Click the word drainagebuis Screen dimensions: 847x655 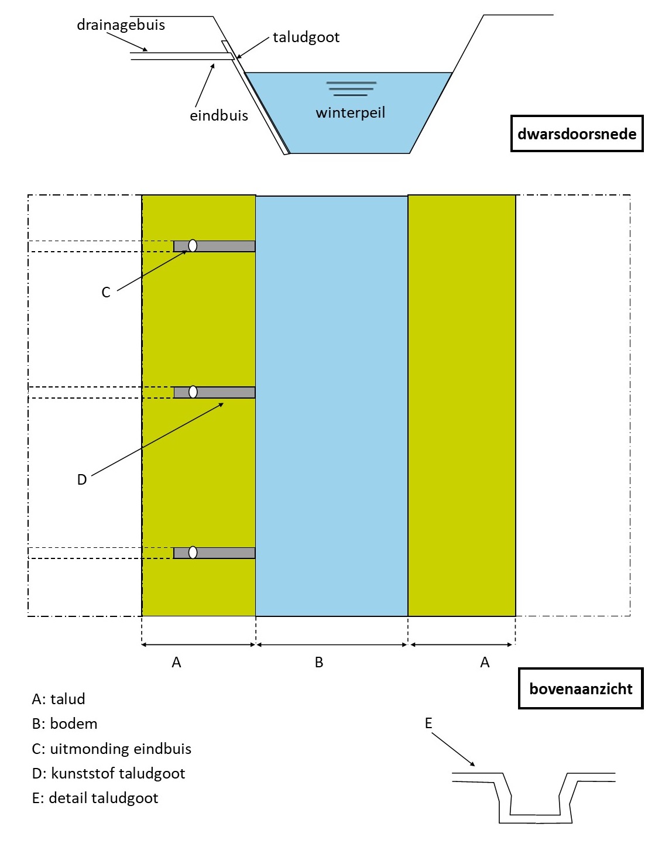[121, 25]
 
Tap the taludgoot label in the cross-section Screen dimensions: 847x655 [306, 37]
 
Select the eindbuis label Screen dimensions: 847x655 [218, 116]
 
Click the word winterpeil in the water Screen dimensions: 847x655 [350, 112]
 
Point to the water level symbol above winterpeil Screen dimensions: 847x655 [351, 88]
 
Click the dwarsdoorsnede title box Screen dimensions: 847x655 [577, 134]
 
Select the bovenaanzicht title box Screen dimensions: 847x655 [580, 688]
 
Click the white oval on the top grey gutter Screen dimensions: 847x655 [193, 246]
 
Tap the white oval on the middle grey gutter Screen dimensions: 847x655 [193, 392]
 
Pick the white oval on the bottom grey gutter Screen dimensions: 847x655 [193, 552]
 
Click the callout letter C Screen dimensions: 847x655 [106, 293]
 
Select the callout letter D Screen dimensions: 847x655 [82, 480]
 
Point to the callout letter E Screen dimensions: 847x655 [428, 723]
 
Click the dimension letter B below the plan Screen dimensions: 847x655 [319, 663]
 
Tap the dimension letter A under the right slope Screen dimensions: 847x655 [485, 663]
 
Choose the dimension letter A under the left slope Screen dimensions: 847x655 [176, 663]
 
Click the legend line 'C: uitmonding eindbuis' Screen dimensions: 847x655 [111, 749]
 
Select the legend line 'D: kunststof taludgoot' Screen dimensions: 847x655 [108, 773]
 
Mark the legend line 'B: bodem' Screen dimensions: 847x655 [64, 723]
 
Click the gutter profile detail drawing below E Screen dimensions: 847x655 [534, 799]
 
